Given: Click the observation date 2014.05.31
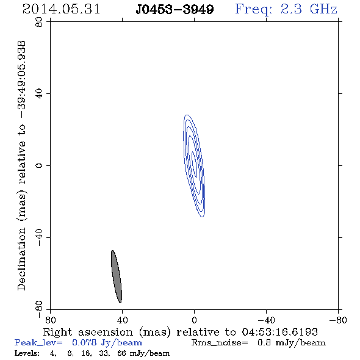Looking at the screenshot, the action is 61,9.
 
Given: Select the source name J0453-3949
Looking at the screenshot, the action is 175,10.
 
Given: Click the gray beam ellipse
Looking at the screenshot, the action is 117,276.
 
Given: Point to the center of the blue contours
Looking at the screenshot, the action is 194,166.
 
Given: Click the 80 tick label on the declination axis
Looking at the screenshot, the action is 39,22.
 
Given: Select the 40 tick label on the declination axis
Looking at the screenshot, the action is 39,94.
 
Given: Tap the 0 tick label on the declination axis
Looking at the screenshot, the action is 39,165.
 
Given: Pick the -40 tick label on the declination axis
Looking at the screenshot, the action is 39,237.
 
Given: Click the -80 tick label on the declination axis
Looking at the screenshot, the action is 39,309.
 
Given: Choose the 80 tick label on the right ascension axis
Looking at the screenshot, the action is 50,320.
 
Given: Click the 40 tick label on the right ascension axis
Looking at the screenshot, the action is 122,320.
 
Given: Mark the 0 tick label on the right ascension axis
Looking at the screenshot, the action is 194,320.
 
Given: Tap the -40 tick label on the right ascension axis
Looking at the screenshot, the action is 266,320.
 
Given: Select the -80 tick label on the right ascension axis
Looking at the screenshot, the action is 338,320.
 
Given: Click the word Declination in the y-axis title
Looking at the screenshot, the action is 21,259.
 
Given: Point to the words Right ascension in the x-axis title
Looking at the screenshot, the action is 88,332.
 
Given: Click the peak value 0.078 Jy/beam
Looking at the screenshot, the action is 107,342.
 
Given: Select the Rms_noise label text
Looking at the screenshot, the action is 220,343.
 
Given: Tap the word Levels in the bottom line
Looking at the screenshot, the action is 27,353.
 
